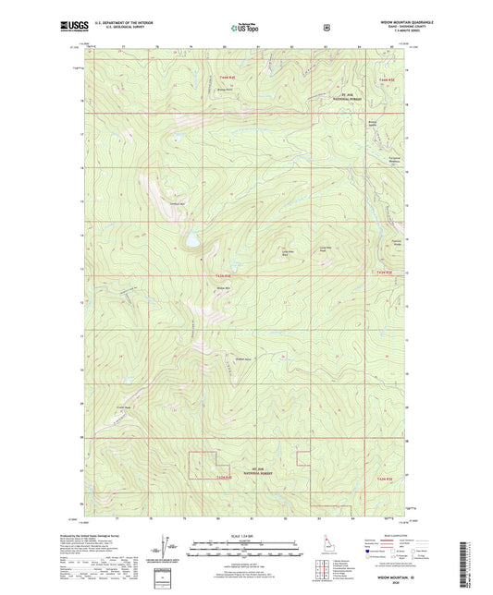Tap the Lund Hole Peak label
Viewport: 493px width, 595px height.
click(325, 248)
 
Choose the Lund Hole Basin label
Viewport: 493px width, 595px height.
click(288, 252)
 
